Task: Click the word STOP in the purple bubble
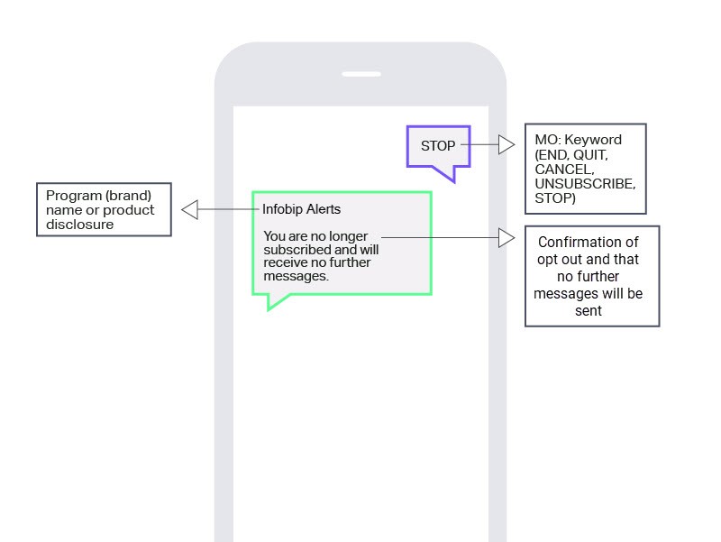(438, 146)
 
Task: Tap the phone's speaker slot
(360, 74)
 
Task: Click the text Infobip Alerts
(301, 210)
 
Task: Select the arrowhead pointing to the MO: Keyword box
(507, 144)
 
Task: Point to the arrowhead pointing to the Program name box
(189, 210)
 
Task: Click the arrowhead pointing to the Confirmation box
(507, 238)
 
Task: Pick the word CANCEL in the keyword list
(563, 169)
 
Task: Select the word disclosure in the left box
(80, 225)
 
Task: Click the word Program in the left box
(72, 196)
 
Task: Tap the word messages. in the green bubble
(296, 277)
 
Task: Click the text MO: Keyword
(578, 140)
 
